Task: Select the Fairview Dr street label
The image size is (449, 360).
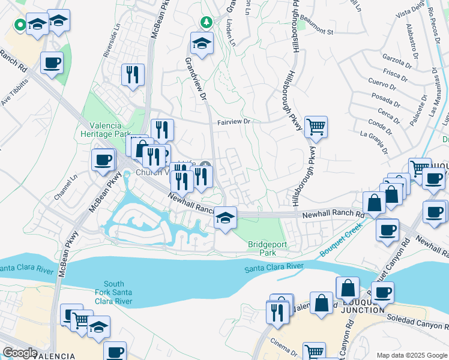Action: (233, 122)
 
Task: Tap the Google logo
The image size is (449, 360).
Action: (20, 352)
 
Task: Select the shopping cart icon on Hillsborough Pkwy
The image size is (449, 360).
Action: (316, 127)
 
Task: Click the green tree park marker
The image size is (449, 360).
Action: (206, 22)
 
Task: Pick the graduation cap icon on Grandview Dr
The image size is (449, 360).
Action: (202, 43)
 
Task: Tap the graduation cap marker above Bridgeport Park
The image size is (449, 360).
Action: (225, 217)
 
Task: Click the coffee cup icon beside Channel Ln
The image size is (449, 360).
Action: (103, 160)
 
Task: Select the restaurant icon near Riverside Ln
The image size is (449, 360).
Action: (133, 75)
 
